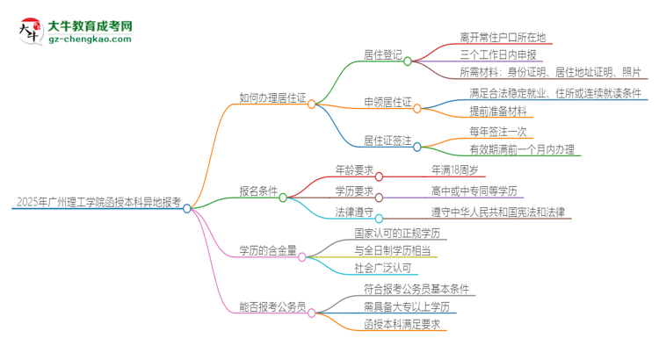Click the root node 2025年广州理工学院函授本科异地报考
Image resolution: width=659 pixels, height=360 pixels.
click(97, 202)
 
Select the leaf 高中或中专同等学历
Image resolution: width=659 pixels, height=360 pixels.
click(472, 191)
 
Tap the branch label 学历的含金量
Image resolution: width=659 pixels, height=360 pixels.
click(267, 251)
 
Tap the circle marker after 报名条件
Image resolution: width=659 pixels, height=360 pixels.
click(283, 198)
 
